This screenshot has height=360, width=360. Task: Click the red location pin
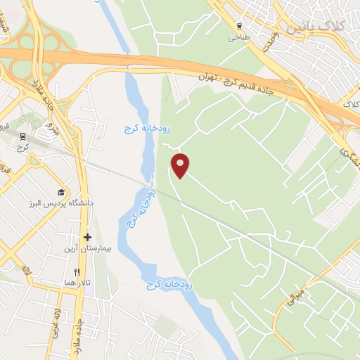tap(181, 165)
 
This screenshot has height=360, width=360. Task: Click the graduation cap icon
tap(61, 192)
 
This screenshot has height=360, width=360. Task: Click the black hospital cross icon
tap(87, 238)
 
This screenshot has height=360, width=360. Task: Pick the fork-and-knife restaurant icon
tap(77, 271)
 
